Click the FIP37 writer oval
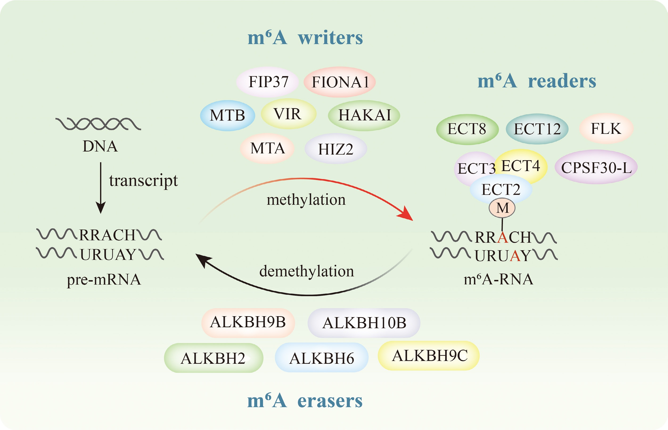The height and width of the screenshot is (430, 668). (267, 82)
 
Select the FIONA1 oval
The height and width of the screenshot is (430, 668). (340, 82)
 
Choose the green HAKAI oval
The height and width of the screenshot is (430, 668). (364, 115)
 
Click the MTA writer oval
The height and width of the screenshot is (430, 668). (267, 148)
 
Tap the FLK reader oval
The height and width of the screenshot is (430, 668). (606, 128)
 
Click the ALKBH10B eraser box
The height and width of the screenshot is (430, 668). (364, 323)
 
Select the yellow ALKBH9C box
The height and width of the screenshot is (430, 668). (429, 356)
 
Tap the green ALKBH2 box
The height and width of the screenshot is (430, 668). (213, 358)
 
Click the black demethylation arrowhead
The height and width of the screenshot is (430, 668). (202, 259)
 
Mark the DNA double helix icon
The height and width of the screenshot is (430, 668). (98, 124)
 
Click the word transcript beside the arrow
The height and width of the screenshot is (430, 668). (143, 180)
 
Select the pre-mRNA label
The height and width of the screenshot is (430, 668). (104, 279)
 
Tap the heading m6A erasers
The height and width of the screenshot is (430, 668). (305, 401)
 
